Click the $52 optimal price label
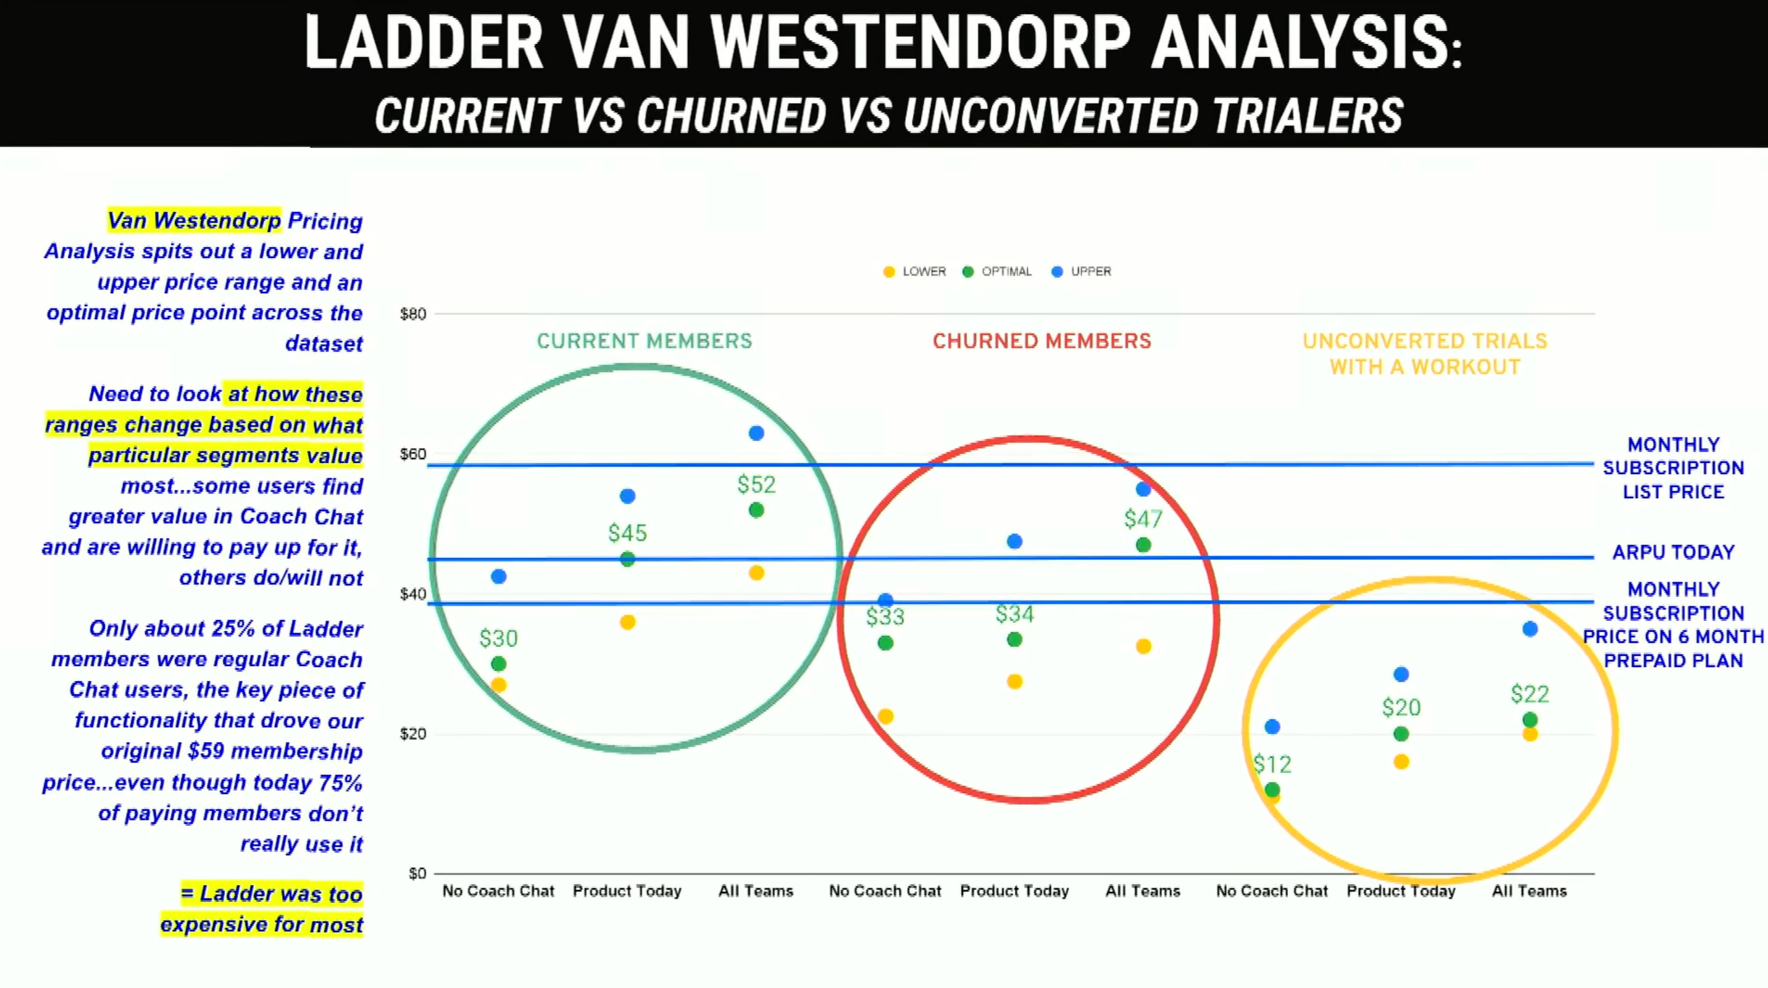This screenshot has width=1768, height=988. click(756, 485)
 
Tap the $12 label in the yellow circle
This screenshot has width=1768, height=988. click(1272, 764)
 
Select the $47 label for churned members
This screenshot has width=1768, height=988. click(1143, 519)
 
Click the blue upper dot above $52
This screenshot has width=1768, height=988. click(756, 433)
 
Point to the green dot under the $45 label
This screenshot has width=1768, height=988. click(627, 559)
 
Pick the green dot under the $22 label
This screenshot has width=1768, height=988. click(1530, 720)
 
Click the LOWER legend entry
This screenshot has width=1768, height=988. click(915, 271)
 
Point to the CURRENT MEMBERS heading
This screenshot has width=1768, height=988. click(644, 341)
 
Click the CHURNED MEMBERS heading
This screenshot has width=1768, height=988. click(1041, 341)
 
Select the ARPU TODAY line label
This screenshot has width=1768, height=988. click(1673, 552)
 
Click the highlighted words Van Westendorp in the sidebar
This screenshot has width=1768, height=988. click(194, 220)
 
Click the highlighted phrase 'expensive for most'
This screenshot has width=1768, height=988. click(261, 924)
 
